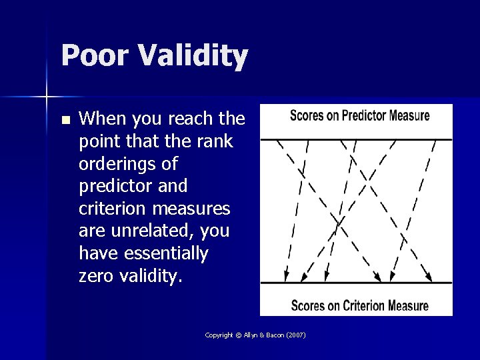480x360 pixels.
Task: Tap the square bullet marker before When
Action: [x=65, y=121]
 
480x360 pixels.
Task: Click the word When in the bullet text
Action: [x=101, y=119]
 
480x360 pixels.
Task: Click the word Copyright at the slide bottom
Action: [x=219, y=335]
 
